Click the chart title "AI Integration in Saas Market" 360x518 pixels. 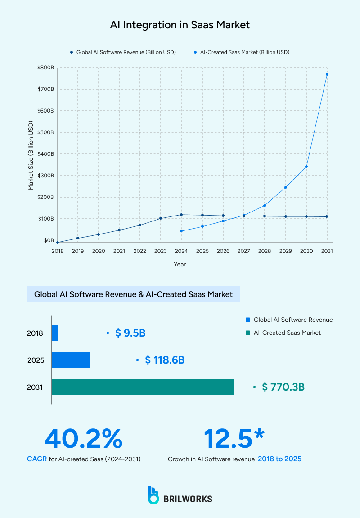coord(180,25)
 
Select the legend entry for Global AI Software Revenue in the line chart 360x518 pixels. coord(123,52)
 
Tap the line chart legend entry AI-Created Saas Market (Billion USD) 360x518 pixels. coord(242,52)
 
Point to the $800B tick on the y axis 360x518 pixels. coord(46,68)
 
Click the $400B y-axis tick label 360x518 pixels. coord(46,154)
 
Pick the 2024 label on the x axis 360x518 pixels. coord(181,251)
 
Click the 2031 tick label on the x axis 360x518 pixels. coord(327,251)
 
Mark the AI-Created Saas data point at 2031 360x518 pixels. coord(327,74)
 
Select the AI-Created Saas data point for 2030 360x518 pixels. coord(306,167)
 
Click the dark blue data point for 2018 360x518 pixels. coord(57,242)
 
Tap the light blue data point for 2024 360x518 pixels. coord(181,231)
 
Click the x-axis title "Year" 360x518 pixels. coord(180,265)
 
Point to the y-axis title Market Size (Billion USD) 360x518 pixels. coord(31,155)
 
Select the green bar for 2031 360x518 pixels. coord(143,387)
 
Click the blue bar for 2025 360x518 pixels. coord(71,360)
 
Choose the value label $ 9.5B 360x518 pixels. coord(130,333)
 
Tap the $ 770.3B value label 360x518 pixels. coord(283,387)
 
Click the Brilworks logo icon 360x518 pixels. coord(153,495)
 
